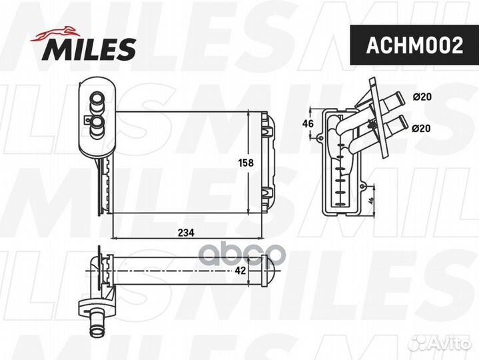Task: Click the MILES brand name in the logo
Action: tap(91, 47)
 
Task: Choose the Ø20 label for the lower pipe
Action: tap(422, 128)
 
